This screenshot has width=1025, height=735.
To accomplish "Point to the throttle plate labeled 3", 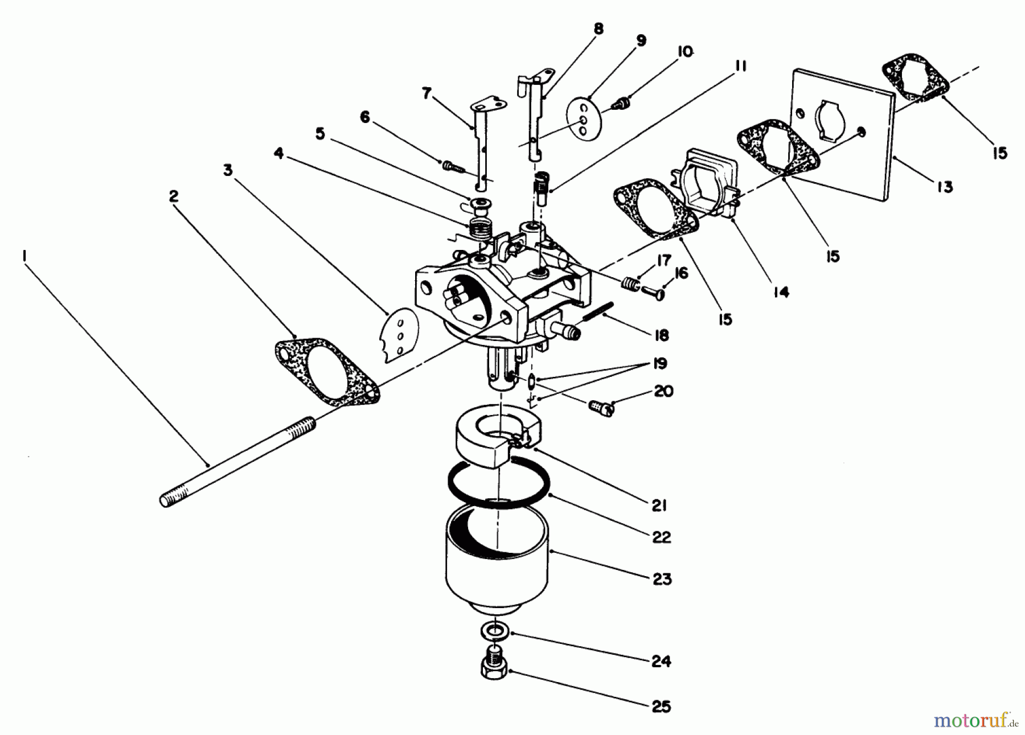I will [399, 336].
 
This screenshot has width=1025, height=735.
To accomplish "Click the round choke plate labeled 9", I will [581, 118].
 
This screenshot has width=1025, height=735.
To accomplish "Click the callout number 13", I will [945, 187].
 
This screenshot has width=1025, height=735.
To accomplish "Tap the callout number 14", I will [781, 293].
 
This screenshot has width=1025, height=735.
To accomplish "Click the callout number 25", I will [661, 707].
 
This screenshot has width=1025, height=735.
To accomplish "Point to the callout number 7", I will [427, 93].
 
